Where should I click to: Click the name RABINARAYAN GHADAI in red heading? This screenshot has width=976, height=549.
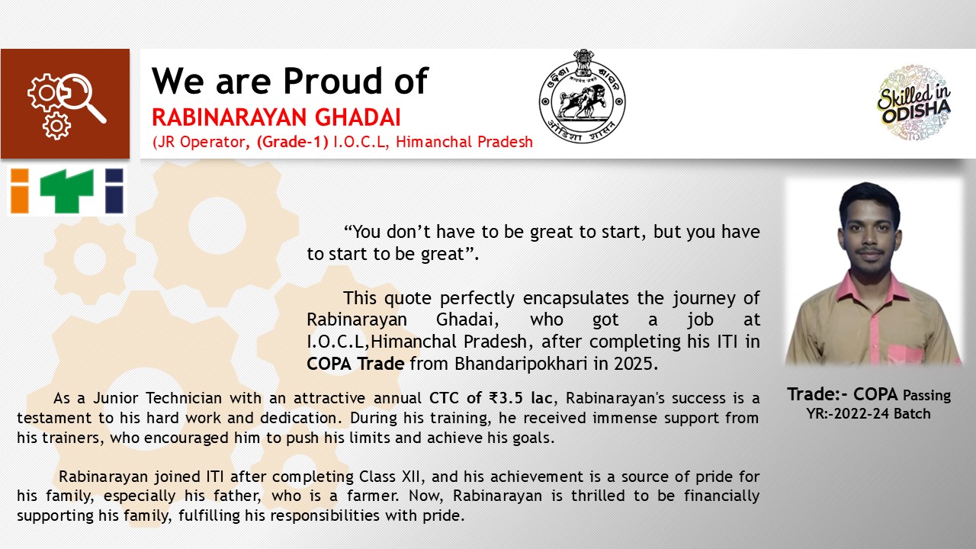276,117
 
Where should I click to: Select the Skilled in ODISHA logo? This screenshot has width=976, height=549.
913,104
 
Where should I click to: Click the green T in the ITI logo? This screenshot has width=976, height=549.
66,191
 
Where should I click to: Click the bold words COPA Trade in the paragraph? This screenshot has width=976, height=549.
355,364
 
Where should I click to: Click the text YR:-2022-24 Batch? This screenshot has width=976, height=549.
868,413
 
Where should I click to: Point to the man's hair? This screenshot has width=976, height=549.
869,196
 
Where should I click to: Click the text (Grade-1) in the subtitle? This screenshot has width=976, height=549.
294,142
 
